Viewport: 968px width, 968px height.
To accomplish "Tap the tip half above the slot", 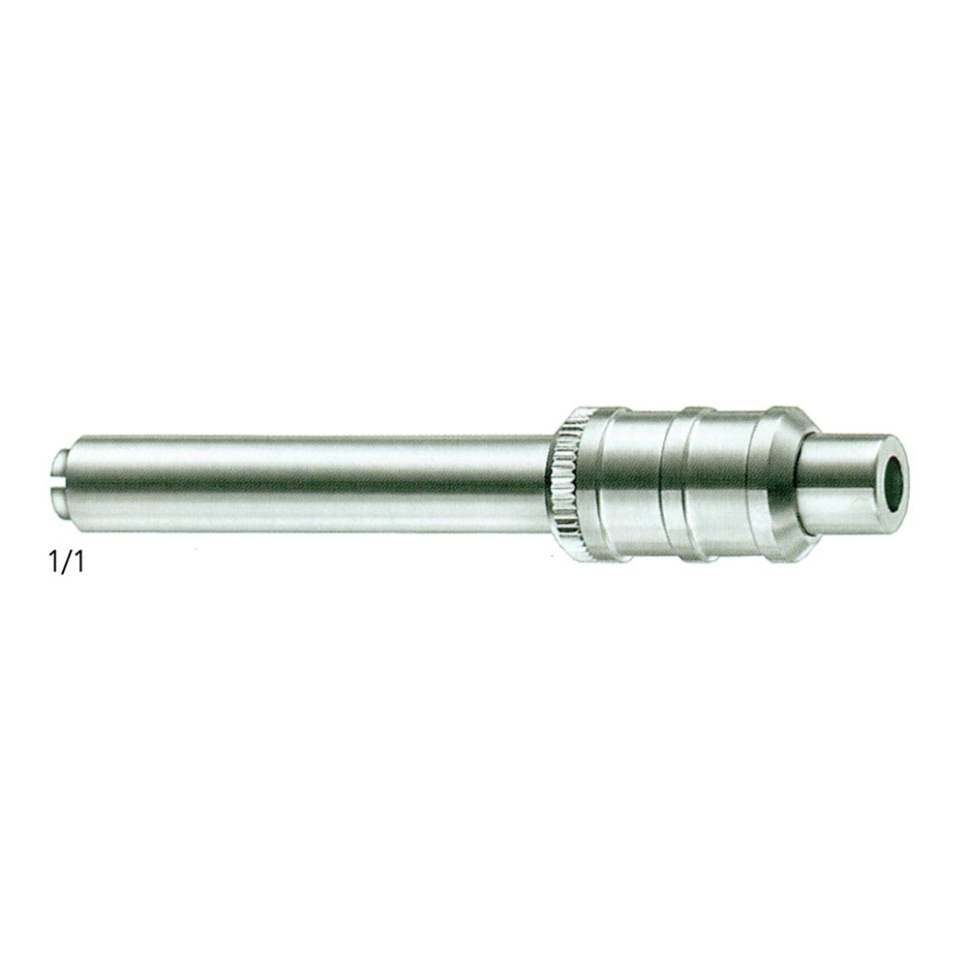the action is click(60, 463).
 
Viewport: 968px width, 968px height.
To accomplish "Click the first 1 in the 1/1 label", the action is click(54, 561).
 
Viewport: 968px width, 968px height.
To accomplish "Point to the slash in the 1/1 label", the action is click(66, 561).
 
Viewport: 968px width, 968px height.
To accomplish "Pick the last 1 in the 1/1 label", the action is click(77, 561).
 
